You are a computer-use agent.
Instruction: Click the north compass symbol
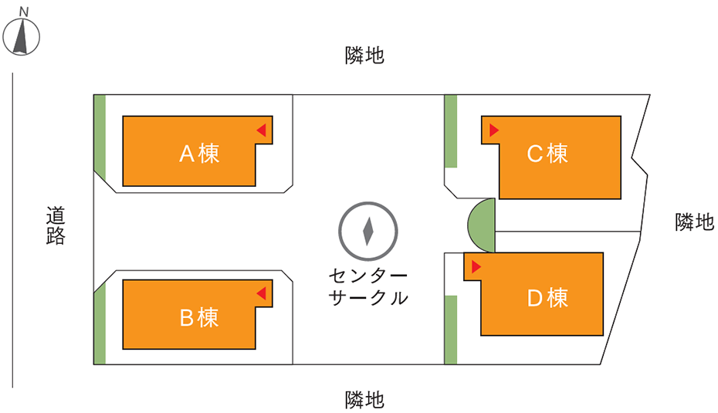click(21, 36)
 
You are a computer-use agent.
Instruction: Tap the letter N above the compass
click(24, 11)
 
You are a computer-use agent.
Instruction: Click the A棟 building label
click(199, 154)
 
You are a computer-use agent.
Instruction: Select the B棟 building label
click(199, 317)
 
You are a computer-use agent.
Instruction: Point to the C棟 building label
click(547, 154)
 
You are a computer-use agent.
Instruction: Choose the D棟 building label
click(547, 298)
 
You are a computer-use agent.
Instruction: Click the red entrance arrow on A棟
click(262, 130)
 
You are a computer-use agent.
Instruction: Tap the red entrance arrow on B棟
click(262, 293)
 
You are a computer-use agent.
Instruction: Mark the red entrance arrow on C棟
click(494, 130)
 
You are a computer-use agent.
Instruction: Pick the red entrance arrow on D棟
click(476, 267)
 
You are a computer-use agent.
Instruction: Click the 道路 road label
click(56, 225)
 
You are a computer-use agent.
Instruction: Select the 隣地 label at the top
click(364, 56)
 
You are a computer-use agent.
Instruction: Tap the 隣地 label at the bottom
click(364, 400)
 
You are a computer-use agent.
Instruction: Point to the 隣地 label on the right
click(695, 222)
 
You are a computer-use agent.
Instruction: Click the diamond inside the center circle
click(367, 232)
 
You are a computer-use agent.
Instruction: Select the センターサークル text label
click(368, 287)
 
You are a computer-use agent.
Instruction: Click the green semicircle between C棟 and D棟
click(482, 225)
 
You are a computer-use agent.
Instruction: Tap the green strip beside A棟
click(100, 137)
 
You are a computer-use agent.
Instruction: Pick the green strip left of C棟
click(451, 131)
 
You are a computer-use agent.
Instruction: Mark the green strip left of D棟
click(451, 330)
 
